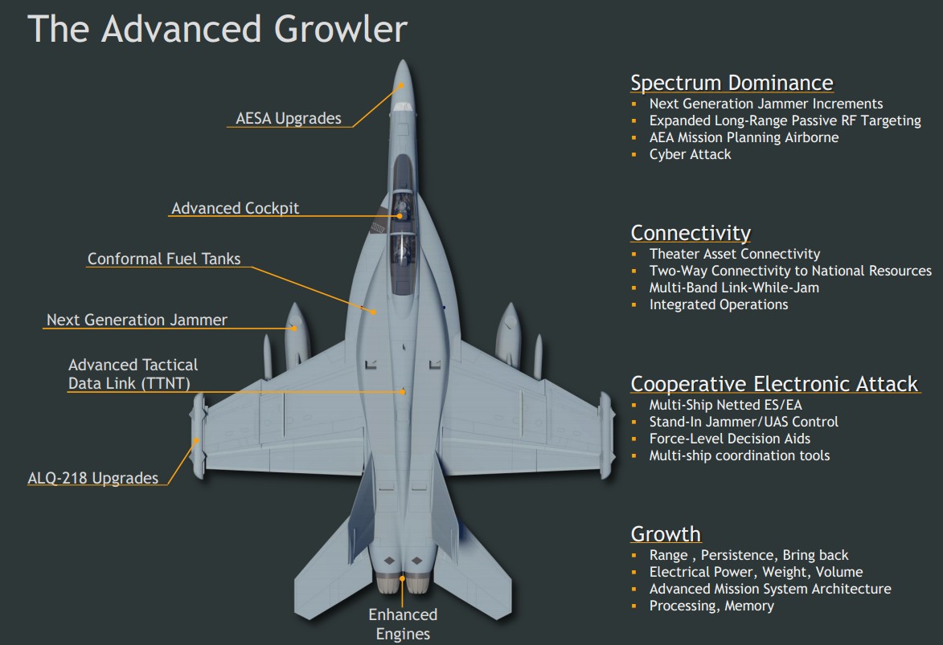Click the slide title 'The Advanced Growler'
tap(217, 29)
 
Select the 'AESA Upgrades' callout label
tap(288, 118)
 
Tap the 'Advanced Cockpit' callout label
tap(235, 208)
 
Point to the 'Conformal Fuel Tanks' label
tap(164, 259)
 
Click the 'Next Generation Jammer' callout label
tap(137, 320)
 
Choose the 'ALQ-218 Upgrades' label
tap(93, 478)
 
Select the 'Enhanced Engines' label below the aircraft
tap(403, 624)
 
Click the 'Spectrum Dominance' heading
tap(732, 83)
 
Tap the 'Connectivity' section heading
tap(691, 233)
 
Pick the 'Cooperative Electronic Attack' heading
tap(774, 384)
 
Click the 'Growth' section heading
tap(666, 534)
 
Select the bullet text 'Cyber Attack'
tap(690, 154)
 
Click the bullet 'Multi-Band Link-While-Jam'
tap(734, 288)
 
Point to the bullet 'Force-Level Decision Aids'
tap(729, 439)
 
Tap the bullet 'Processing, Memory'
tap(711, 606)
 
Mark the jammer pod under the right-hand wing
tap(510, 333)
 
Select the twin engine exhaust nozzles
tap(403, 584)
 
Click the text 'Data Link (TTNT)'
tap(129, 383)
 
